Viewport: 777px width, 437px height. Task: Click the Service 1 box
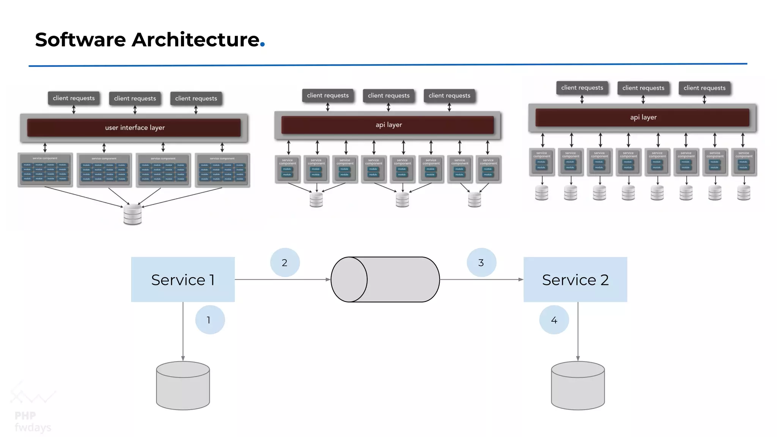(x=183, y=280)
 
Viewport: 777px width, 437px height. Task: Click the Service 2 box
(x=575, y=280)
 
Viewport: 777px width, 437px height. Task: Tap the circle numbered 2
(x=285, y=263)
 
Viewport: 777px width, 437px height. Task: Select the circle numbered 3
(x=481, y=263)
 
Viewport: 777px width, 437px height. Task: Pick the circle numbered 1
(x=210, y=320)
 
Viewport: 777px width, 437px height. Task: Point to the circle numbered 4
(x=554, y=320)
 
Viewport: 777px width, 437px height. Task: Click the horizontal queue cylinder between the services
(x=385, y=280)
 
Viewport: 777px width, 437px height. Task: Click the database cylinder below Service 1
(x=183, y=386)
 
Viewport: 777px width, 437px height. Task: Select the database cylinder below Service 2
(x=578, y=386)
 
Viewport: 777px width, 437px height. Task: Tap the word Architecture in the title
(x=195, y=39)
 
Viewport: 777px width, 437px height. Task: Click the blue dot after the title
(x=262, y=45)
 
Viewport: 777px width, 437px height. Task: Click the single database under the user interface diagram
(x=132, y=215)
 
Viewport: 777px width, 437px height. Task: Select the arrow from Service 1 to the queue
(x=282, y=280)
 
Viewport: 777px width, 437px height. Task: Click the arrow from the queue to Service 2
(x=481, y=280)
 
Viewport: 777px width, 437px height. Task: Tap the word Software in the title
(x=80, y=39)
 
